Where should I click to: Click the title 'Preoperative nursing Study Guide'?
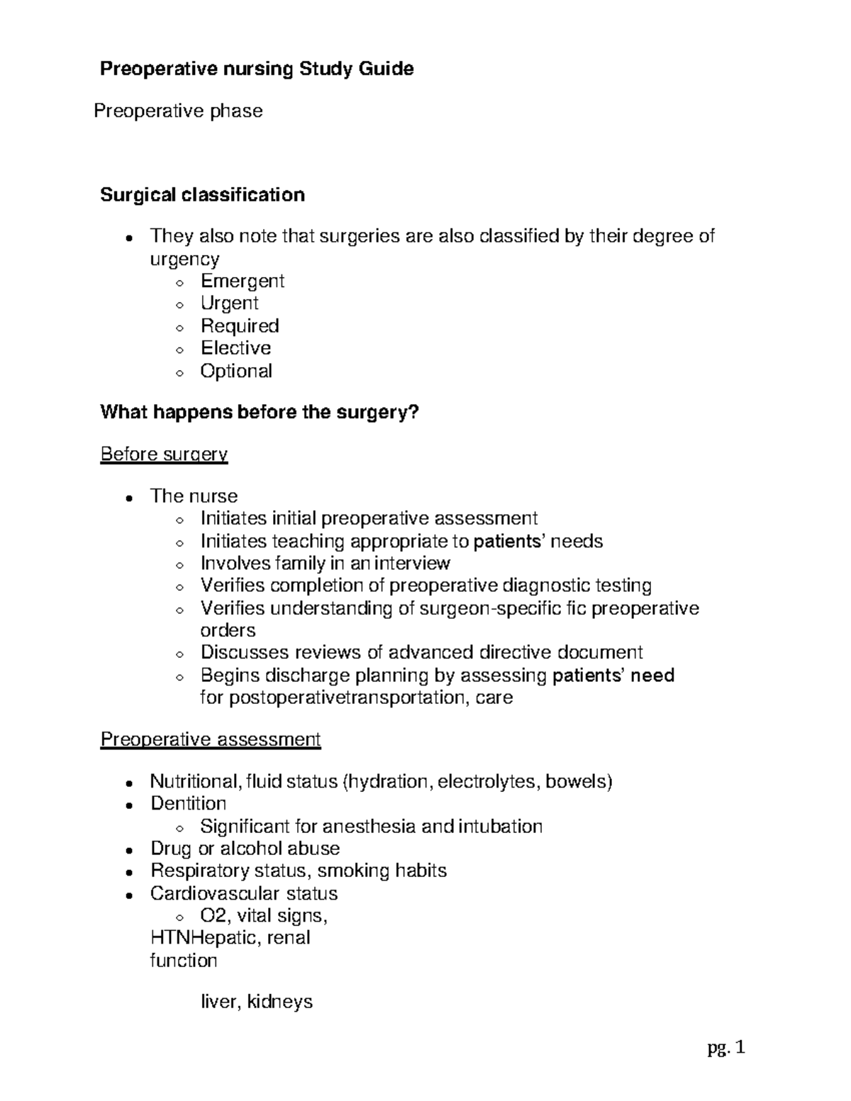click(x=257, y=69)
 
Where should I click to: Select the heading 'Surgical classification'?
click(x=202, y=195)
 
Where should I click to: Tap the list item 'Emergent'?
click(x=242, y=281)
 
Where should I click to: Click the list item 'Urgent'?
click(x=229, y=303)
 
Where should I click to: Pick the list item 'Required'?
click(x=240, y=326)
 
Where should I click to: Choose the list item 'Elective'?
click(x=235, y=348)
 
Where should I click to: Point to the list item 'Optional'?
click(x=236, y=371)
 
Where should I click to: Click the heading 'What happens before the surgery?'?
click(x=260, y=412)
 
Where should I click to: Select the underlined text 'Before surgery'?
click(x=164, y=454)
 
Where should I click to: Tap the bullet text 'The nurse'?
click(x=194, y=496)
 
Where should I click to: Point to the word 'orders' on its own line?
click(x=228, y=630)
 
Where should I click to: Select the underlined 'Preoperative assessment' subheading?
click(x=211, y=739)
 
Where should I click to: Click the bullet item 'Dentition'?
click(x=188, y=803)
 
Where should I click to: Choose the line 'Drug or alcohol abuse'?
click(x=245, y=849)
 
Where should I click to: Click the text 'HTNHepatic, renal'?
click(x=230, y=938)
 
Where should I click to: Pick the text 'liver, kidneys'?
click(x=257, y=1002)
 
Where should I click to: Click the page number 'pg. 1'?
click(x=726, y=1048)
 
